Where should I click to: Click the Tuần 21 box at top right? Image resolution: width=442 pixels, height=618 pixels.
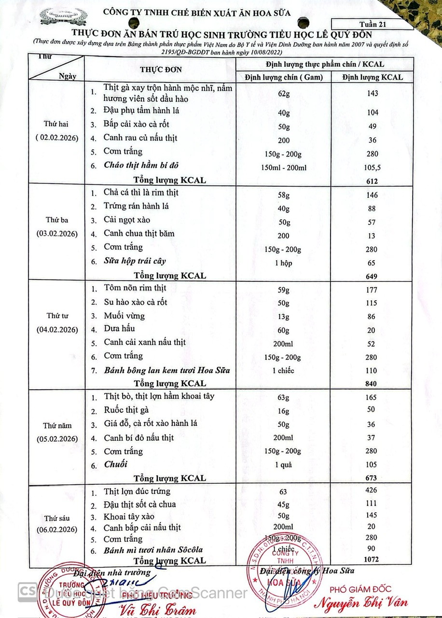coord(365,23)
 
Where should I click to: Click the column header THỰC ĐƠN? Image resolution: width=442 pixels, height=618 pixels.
coord(161,70)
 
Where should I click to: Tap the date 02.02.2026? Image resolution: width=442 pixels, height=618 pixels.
coord(57,137)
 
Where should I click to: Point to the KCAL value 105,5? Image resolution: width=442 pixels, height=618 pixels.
coord(372,167)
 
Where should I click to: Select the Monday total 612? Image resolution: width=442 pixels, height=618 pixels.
coord(372,181)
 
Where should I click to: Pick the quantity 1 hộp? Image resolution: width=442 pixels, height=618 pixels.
coord(283,263)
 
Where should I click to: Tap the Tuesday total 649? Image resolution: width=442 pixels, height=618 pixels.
coord(372,276)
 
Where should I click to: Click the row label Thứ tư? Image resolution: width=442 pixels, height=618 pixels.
coord(57,316)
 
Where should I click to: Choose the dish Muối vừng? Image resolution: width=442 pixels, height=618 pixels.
coord(124,316)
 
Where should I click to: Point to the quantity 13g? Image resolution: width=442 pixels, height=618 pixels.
coord(283,317)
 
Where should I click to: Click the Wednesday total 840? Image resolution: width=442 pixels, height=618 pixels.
coord(372,383)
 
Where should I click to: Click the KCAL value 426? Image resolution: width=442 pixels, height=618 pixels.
coord(372,492)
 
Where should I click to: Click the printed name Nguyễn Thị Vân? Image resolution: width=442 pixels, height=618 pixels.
coord(362,602)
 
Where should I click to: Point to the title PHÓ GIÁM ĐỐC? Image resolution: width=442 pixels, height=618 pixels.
coord(360,589)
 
